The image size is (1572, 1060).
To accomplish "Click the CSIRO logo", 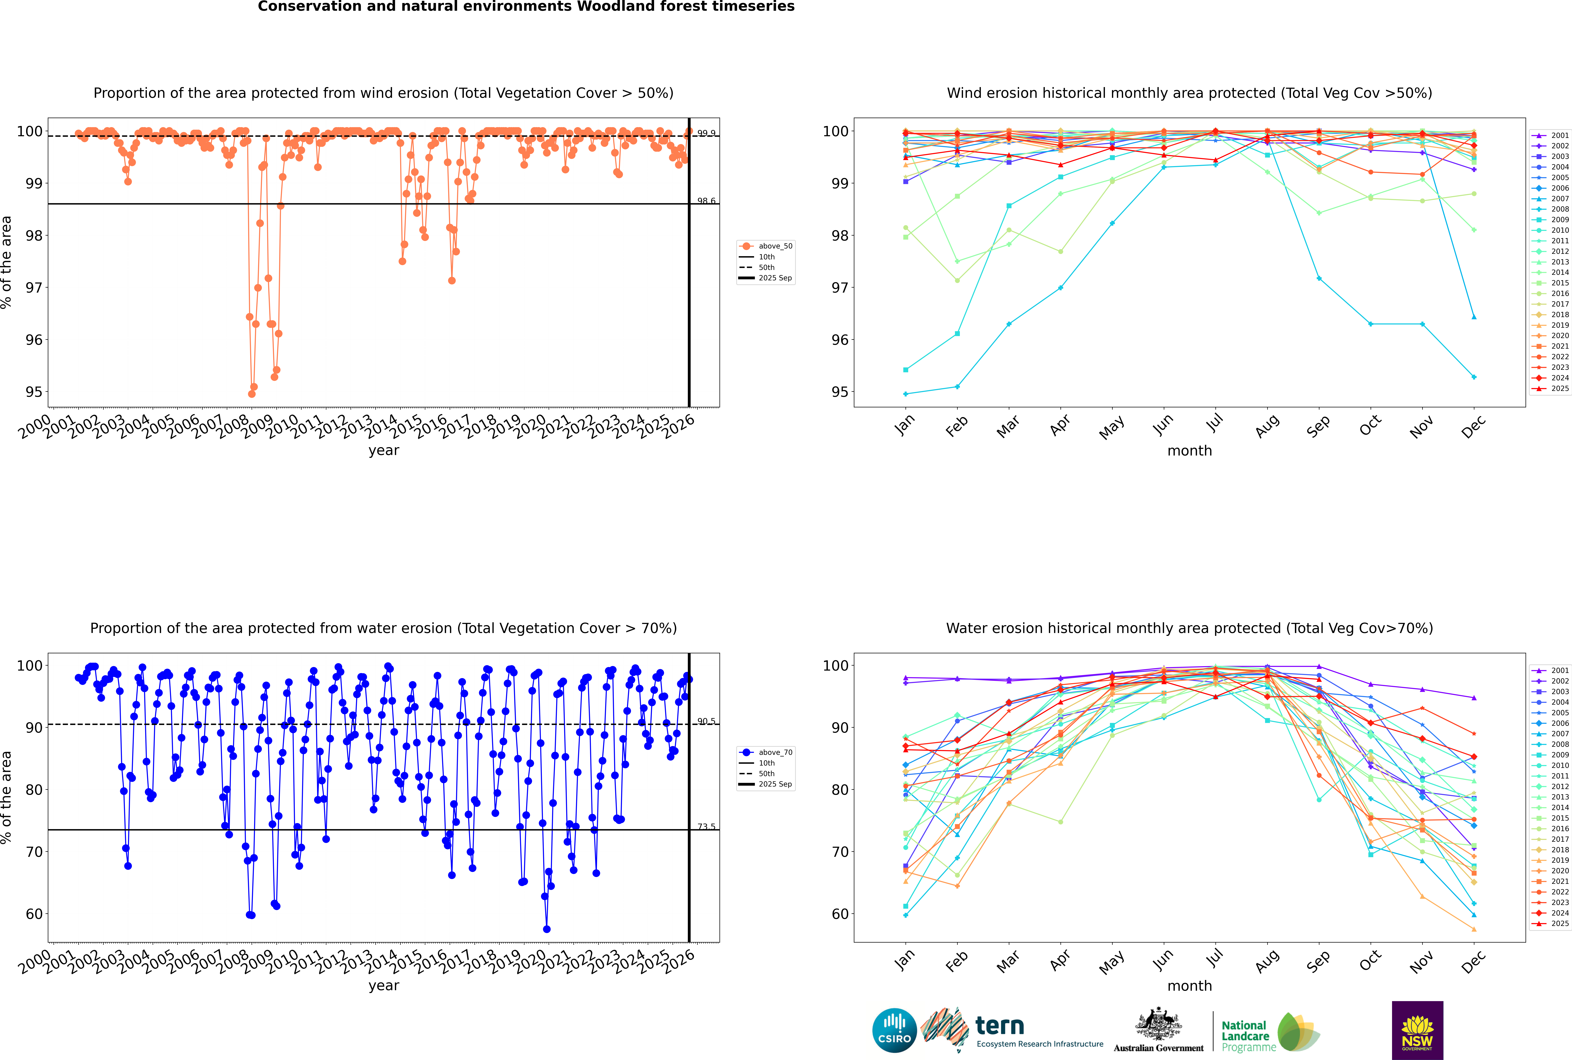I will (894, 1030).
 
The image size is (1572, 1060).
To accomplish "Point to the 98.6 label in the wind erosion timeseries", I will (706, 201).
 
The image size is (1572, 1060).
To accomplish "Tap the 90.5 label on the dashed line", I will (706, 721).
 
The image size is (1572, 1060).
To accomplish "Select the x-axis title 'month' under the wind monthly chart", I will (1189, 451).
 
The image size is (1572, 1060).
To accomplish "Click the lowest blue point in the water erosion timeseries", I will (547, 929).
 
